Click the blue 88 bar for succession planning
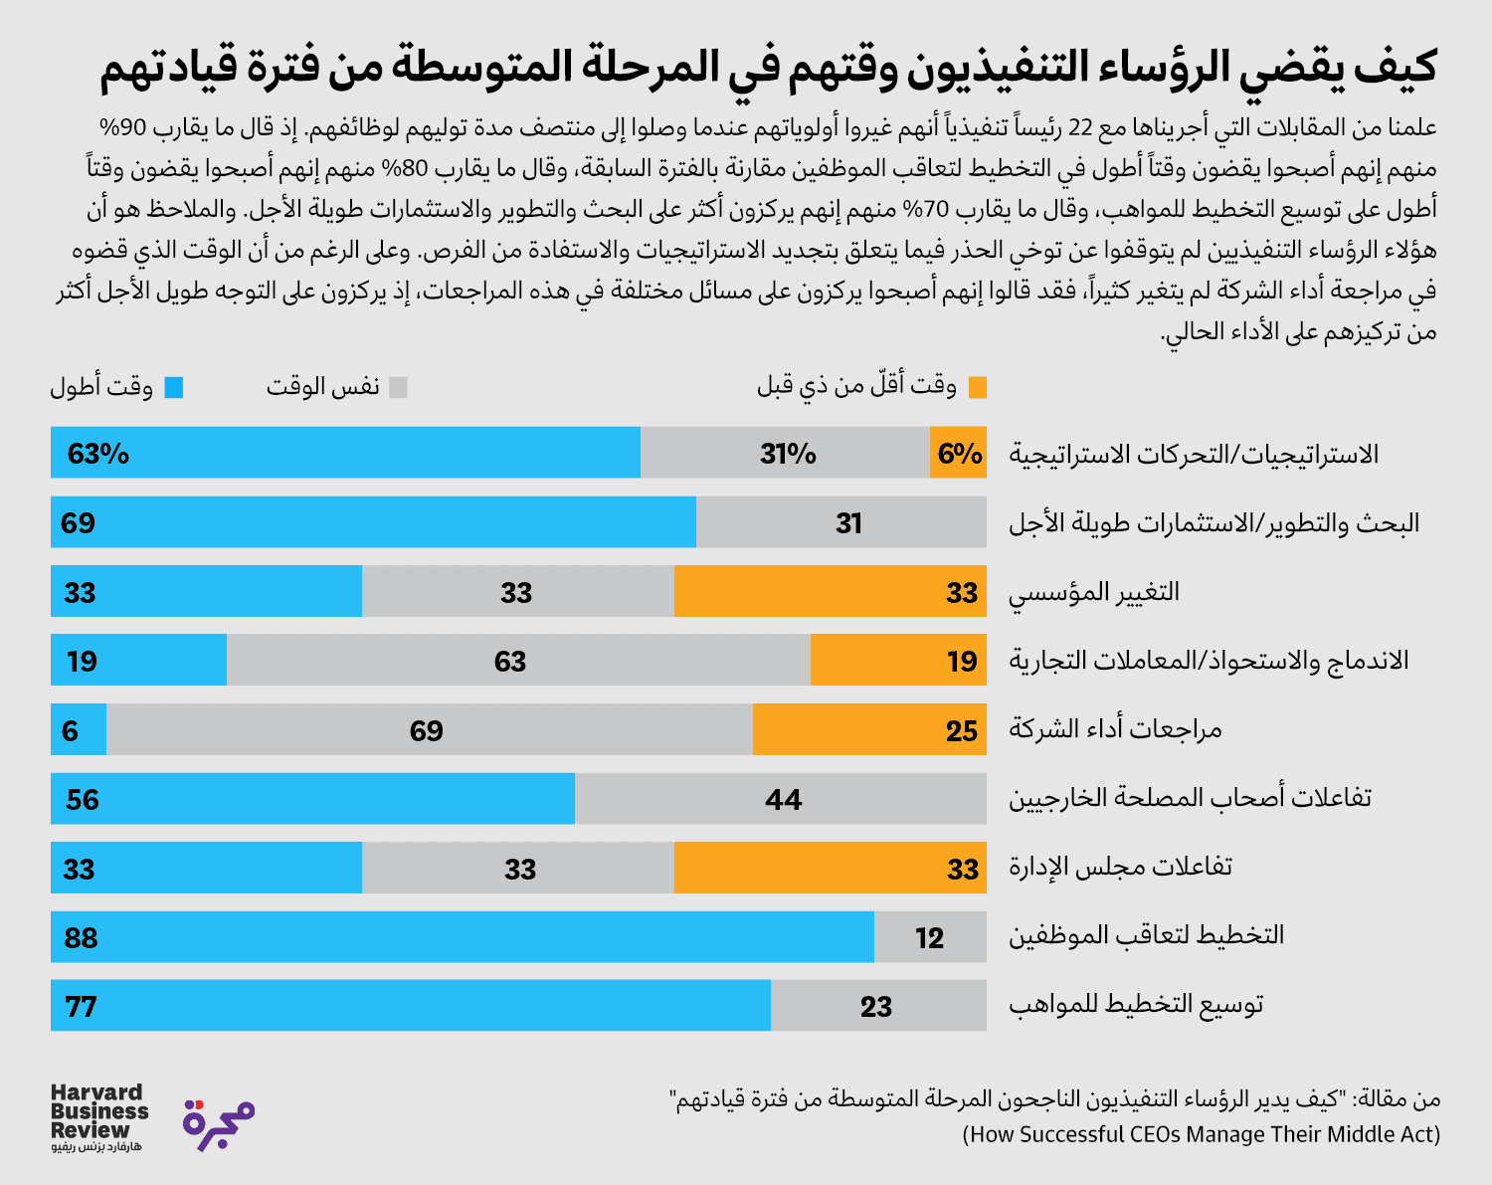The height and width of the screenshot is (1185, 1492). tap(463, 937)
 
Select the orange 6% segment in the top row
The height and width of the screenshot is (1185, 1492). tap(958, 453)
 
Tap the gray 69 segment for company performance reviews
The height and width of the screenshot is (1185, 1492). tap(429, 729)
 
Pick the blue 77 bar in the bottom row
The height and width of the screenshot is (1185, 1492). tap(410, 1006)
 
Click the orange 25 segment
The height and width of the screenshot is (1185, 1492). tap(869, 729)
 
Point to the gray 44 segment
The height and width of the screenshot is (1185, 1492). tap(781, 799)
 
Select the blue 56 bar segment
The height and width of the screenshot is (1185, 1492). tap(312, 799)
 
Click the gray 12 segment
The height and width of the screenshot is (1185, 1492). tap(930, 937)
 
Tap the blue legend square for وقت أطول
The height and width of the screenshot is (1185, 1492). tap(174, 387)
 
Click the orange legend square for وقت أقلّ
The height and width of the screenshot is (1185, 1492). tap(978, 387)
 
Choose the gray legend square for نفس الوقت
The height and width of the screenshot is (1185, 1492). tap(398, 387)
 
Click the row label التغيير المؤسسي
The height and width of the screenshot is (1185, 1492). tap(1094, 593)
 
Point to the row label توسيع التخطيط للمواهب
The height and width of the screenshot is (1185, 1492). tap(1136, 1005)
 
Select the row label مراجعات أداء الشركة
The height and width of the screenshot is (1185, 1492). tap(1115, 729)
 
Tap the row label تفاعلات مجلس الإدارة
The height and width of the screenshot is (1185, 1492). tap(1121, 868)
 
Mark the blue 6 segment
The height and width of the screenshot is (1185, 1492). tap(79, 729)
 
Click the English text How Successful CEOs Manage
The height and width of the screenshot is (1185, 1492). tap(1201, 1134)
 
